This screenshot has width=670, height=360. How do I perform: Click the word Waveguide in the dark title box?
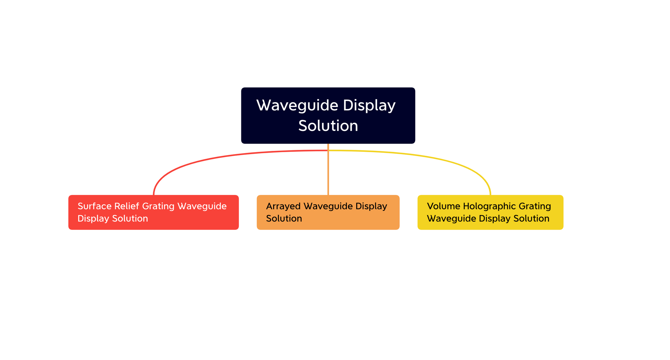tap(297, 105)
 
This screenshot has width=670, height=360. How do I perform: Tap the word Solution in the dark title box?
tap(328, 126)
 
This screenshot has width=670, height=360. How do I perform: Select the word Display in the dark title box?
tap(369, 105)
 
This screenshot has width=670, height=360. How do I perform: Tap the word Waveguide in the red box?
tap(202, 206)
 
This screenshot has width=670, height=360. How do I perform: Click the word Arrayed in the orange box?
tap(283, 206)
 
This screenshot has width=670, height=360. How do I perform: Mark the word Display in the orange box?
tap(371, 206)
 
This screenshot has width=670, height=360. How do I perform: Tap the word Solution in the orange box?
tap(284, 218)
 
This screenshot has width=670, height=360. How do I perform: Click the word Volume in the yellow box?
tap(443, 206)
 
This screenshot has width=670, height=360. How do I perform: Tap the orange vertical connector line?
tap(328, 173)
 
